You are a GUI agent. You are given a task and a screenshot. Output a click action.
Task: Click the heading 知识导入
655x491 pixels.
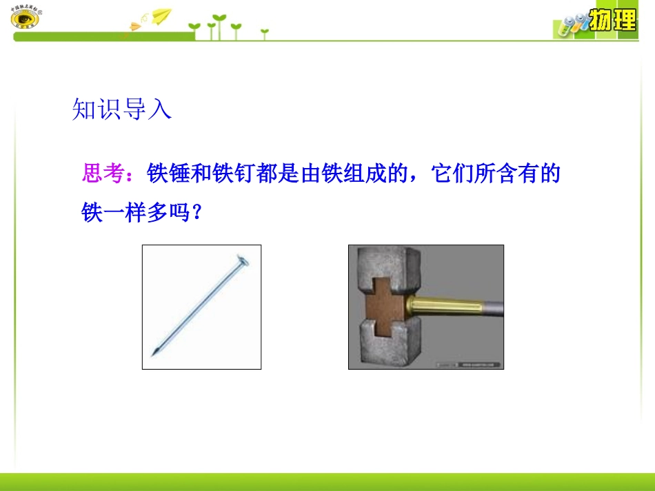tap(121, 109)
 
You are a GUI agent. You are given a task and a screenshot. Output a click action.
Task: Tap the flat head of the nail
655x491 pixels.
tap(241, 260)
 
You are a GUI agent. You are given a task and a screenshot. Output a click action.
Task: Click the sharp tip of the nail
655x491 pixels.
tap(153, 354)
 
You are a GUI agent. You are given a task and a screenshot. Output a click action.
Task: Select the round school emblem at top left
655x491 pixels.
tap(26, 18)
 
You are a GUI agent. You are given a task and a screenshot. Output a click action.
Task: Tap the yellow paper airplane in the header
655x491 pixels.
tap(161, 15)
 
